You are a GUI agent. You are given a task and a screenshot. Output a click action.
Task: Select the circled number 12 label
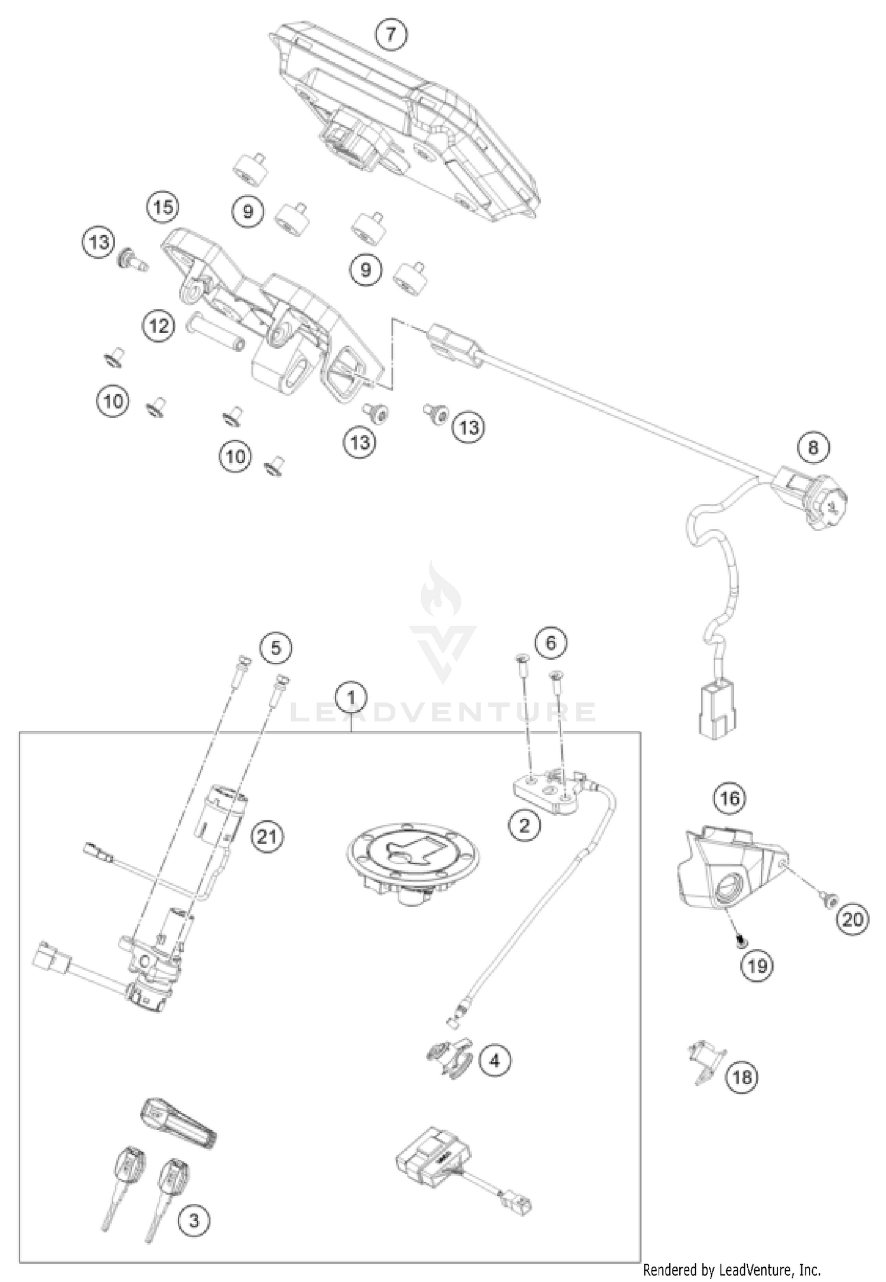click(158, 326)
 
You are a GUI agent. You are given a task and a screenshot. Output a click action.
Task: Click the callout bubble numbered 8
click(813, 447)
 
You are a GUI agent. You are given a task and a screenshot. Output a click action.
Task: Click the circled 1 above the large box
click(351, 698)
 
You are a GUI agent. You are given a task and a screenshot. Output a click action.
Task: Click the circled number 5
click(276, 648)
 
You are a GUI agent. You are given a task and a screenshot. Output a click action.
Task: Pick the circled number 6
click(551, 642)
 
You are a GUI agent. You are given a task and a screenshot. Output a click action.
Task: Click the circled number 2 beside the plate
click(524, 825)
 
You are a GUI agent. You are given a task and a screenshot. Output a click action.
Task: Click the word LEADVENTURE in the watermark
click(443, 712)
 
